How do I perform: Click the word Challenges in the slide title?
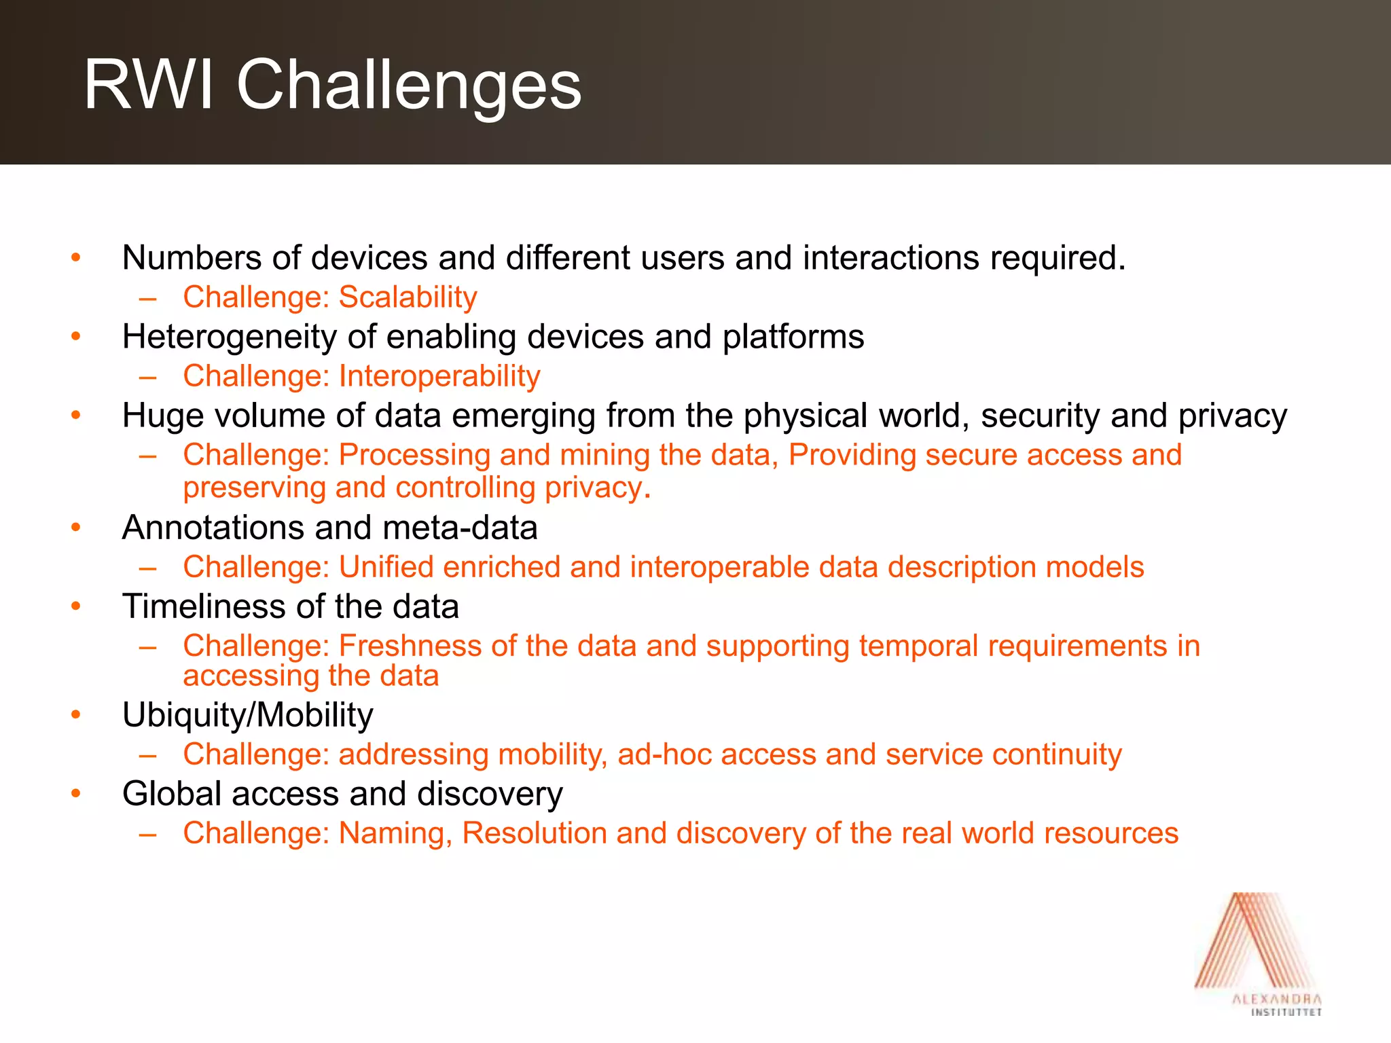[409, 86]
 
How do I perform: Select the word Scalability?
[408, 297]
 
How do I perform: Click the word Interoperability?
[439, 376]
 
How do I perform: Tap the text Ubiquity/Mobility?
[248, 715]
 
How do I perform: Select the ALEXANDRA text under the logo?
[1277, 1000]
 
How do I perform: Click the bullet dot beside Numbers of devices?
[76, 258]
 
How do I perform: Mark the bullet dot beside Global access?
[76, 794]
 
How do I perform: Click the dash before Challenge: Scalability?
[148, 298]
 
